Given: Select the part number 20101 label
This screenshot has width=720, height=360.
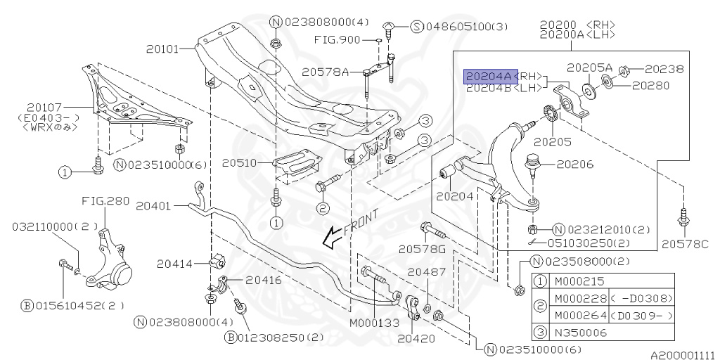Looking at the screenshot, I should click(163, 49).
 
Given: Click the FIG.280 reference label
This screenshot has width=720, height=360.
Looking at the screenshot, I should click(105, 200).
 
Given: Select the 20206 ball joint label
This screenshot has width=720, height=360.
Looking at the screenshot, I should click(575, 165).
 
